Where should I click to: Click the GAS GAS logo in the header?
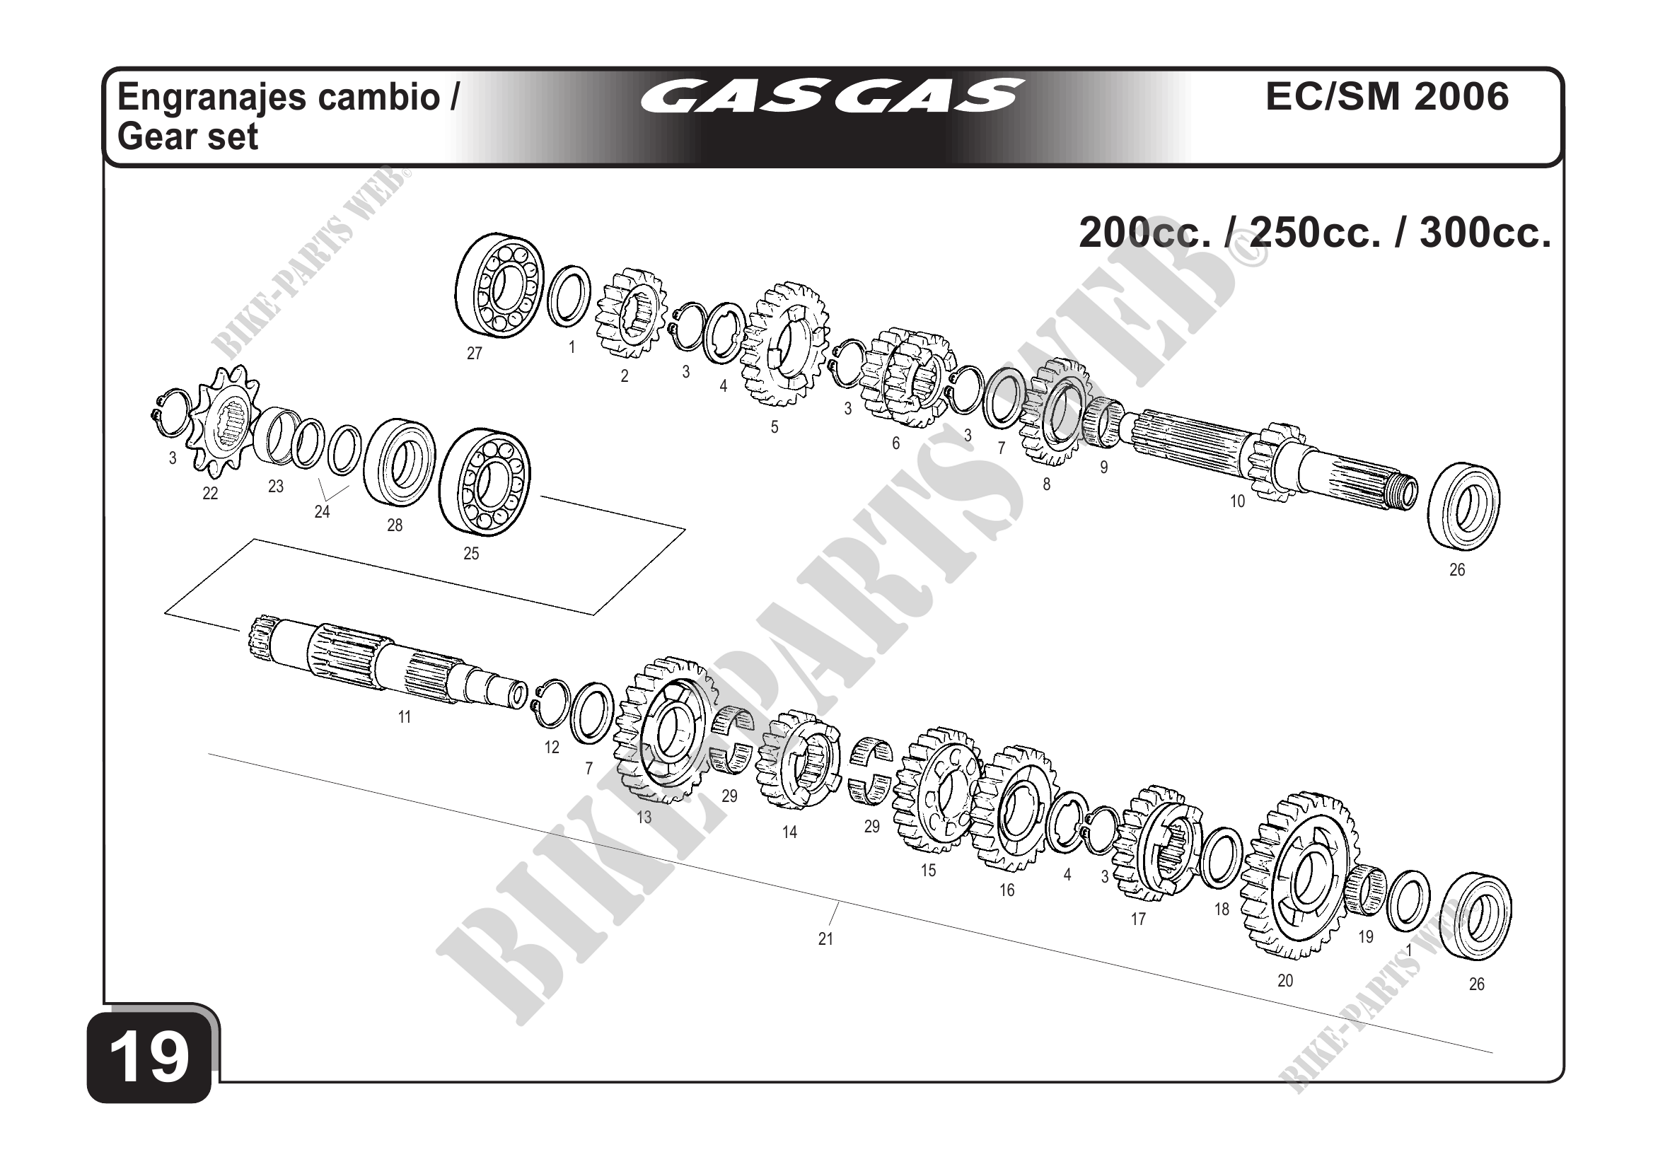(832, 96)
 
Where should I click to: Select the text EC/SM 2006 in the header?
(1386, 96)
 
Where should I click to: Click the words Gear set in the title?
(187, 136)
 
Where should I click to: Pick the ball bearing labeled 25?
(485, 482)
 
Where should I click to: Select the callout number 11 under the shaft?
(405, 717)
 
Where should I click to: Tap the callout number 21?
(825, 939)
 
